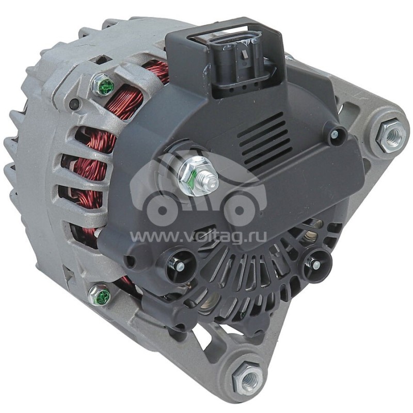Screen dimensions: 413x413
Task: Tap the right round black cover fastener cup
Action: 314,263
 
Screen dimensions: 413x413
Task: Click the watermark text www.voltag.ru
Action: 199,236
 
